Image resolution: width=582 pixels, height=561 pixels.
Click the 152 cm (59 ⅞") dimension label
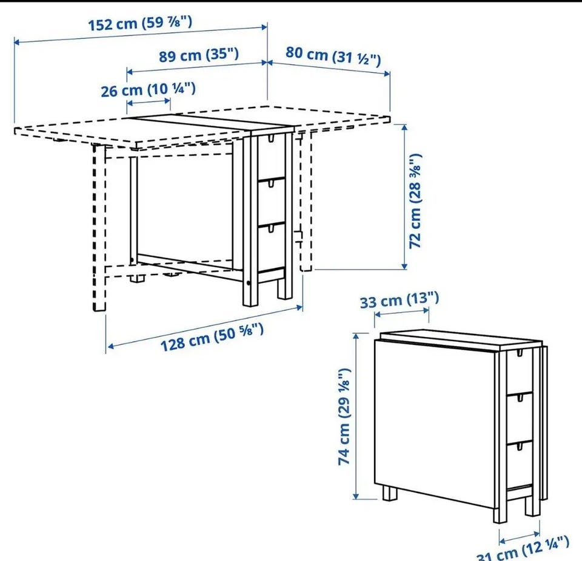(x=140, y=24)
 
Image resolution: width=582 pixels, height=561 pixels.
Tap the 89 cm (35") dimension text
(x=199, y=55)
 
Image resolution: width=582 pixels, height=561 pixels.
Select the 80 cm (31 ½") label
(x=333, y=56)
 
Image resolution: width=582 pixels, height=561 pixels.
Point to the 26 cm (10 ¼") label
(x=148, y=90)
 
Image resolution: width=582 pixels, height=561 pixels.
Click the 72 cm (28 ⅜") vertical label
(x=415, y=201)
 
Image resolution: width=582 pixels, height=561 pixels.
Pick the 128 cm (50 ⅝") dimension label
(x=212, y=337)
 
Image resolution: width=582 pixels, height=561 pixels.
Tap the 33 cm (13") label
(x=400, y=300)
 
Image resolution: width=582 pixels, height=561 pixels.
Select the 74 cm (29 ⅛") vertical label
(x=344, y=416)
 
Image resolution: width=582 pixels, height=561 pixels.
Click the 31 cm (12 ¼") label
(x=523, y=549)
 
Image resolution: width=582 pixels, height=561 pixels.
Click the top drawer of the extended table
(x=272, y=157)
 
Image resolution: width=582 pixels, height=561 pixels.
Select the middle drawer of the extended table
(x=272, y=202)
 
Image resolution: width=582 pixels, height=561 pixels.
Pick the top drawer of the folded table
(x=520, y=372)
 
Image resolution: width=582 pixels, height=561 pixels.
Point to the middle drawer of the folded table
(x=520, y=418)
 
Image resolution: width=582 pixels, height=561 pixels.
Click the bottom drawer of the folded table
(x=520, y=465)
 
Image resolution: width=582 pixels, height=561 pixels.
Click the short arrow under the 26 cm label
(x=149, y=101)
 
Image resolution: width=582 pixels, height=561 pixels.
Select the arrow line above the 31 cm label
(x=520, y=537)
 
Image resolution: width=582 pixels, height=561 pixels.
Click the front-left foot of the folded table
(x=390, y=494)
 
